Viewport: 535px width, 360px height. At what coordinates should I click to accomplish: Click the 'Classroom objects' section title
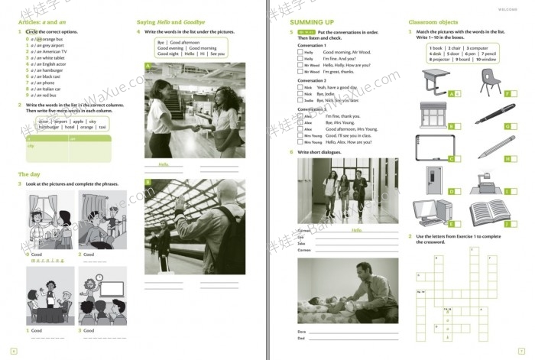[433, 22]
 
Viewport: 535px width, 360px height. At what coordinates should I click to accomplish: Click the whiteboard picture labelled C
[433, 148]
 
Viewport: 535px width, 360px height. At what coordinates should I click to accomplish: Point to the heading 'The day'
[29, 174]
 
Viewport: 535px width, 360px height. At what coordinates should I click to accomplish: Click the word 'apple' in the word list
[79, 122]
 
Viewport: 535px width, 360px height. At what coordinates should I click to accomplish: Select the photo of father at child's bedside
[348, 291]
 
